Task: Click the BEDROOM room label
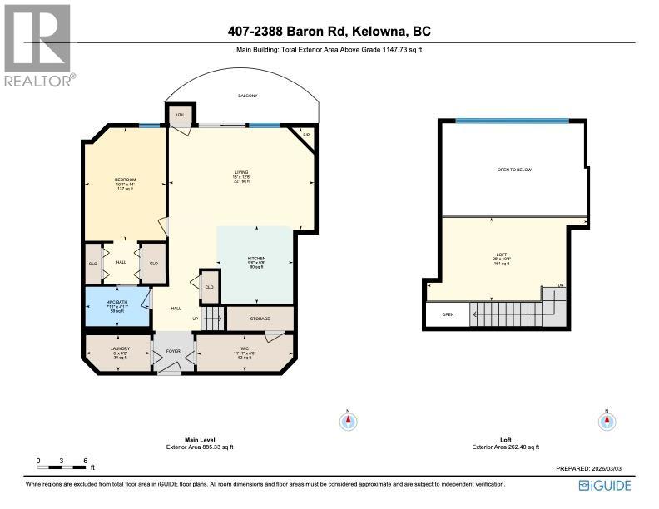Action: pos(125,180)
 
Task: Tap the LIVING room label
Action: pos(241,173)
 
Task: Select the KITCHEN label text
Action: pos(256,259)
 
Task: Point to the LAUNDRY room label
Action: pos(121,348)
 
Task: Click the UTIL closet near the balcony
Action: pos(180,116)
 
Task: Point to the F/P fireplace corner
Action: pos(306,135)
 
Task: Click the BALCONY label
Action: pos(247,96)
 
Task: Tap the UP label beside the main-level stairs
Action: pos(196,318)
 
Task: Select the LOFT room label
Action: pos(501,254)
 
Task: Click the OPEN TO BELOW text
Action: pos(513,170)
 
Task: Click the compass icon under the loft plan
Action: pos(607,421)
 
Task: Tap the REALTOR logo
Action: pos(38,45)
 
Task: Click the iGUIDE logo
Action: pos(604,486)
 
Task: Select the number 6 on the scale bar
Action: pos(85,461)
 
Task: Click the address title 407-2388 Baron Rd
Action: pos(329,32)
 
